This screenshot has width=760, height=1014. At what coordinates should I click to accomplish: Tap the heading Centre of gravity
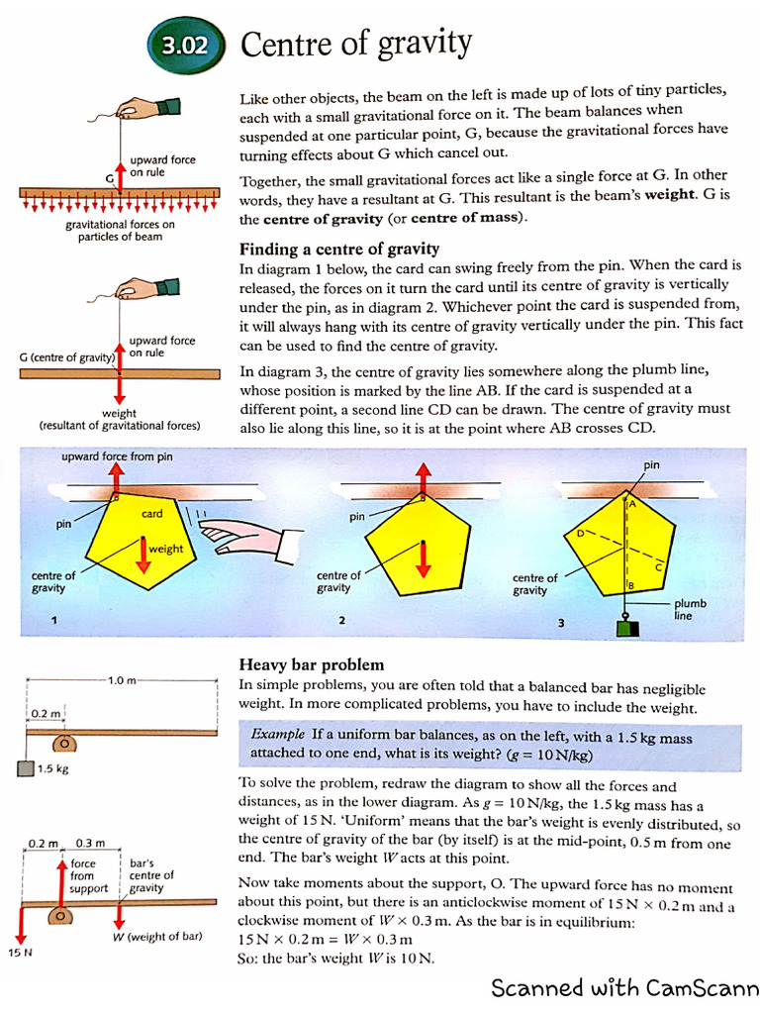point(355,44)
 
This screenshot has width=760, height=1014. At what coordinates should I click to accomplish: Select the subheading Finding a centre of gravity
point(339,249)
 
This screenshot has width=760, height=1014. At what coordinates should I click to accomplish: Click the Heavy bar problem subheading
point(312,664)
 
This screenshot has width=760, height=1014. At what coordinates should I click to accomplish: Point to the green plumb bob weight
point(625,629)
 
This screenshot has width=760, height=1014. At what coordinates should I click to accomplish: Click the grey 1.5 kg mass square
point(26,769)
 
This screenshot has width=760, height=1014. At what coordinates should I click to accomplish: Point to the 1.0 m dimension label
point(123,680)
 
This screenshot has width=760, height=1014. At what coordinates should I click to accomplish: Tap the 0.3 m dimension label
point(90,843)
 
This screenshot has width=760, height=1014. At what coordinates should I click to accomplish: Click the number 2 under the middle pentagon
point(341,621)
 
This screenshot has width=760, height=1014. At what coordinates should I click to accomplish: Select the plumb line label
point(690,608)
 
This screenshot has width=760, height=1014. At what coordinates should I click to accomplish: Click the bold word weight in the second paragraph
point(671,195)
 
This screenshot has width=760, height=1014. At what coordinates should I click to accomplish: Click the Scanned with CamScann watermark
point(624,987)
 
